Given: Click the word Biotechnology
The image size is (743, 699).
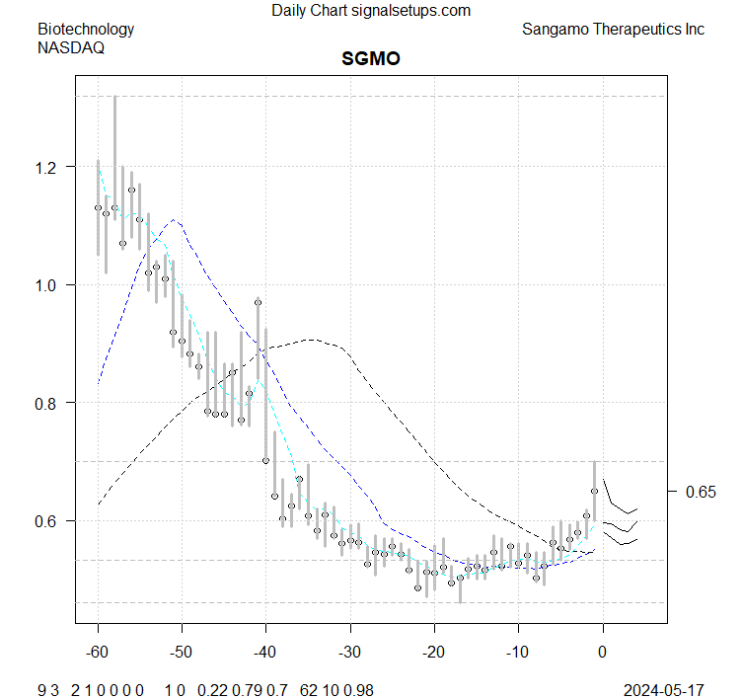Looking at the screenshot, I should pos(86,29).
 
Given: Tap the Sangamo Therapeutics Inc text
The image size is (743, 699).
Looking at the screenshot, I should pos(613,29).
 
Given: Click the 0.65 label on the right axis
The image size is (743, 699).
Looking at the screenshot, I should pos(702,491).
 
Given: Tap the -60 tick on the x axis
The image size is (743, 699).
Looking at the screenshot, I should pos(98,652).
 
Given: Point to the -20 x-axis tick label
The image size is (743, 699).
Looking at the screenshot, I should pos(433,652).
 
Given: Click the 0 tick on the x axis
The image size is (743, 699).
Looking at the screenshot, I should pos(603,652).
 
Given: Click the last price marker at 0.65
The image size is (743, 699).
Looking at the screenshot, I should pos(594,491).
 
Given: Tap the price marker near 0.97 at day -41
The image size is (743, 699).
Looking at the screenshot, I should pos(258,302).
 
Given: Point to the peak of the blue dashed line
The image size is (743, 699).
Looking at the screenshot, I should pos(174,219).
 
